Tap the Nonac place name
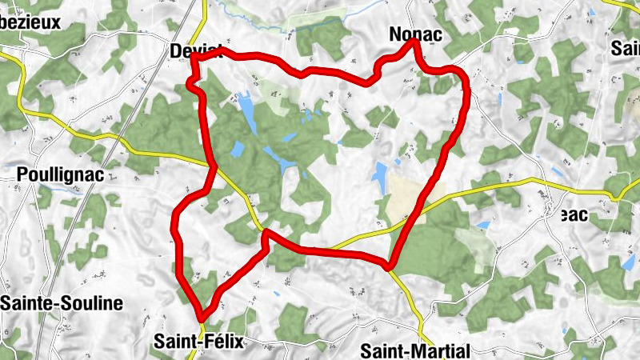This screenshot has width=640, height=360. (414, 34)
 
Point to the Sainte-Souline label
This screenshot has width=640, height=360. (62, 303)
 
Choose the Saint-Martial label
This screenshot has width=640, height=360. (414, 350)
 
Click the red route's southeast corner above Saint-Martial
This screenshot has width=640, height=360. (390, 264)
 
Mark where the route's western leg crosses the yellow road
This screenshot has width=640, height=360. (214, 169)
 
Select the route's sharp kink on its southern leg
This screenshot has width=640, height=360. (266, 233)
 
